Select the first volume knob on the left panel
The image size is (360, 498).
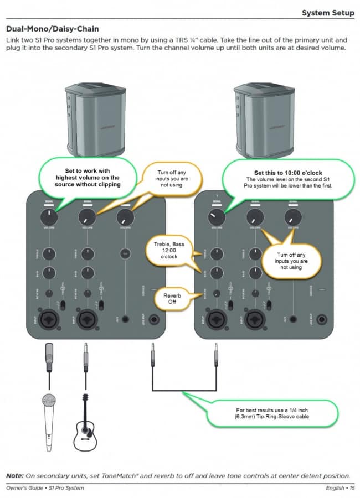(49, 217)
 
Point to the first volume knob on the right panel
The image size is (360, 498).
(217, 217)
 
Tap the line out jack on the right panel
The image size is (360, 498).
(321, 320)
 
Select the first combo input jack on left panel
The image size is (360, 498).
(49, 319)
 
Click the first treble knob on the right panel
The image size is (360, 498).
(217, 254)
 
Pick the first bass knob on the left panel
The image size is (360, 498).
(49, 273)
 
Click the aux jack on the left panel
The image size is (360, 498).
(125, 319)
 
